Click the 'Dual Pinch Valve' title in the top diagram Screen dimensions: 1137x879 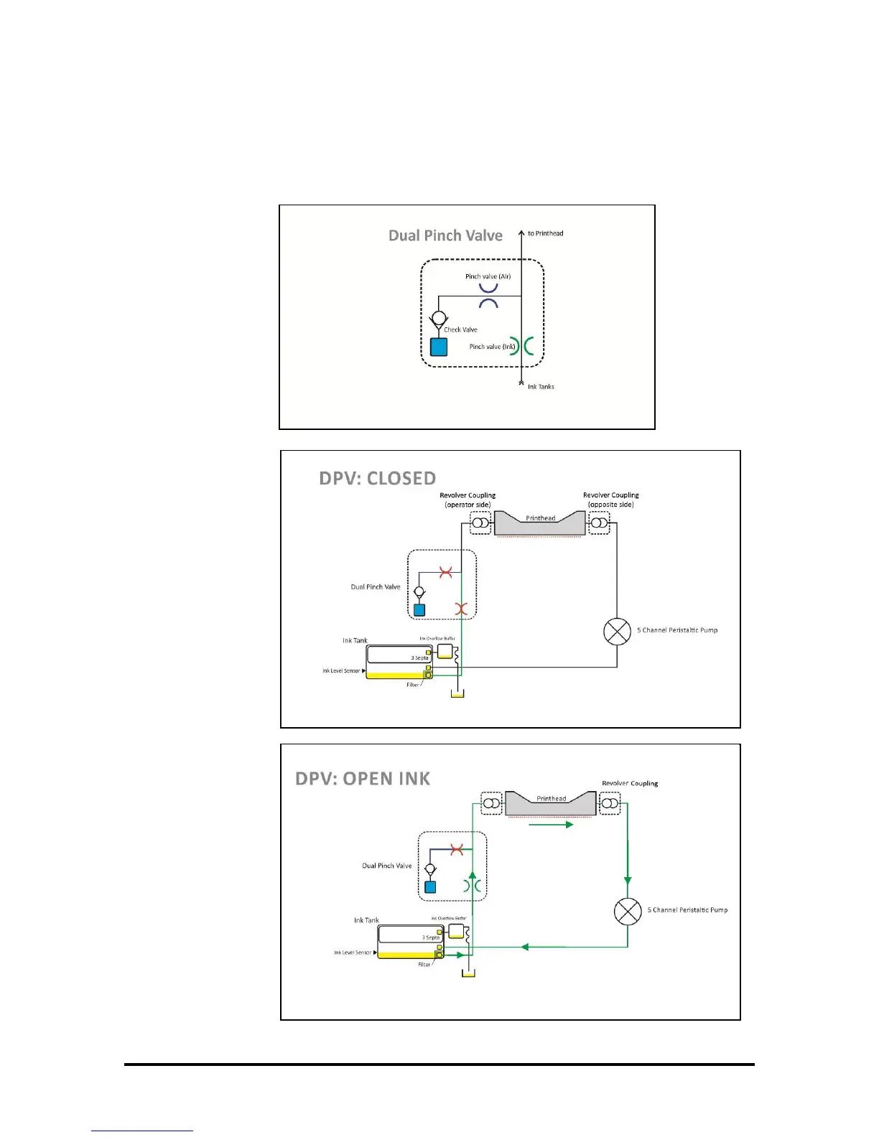pyautogui.click(x=445, y=235)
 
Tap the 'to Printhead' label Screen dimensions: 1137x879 pyautogui.click(x=545, y=233)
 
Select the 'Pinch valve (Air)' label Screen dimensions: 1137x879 pyautogui.click(x=488, y=276)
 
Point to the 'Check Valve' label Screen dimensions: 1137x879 pyautogui.click(x=460, y=329)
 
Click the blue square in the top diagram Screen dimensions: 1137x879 pyautogui.click(x=438, y=347)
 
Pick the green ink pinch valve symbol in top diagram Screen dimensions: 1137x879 pyautogui.click(x=522, y=347)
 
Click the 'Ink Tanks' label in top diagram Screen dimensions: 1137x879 pyautogui.click(x=541, y=387)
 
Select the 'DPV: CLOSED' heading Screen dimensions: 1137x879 pyautogui.click(x=378, y=479)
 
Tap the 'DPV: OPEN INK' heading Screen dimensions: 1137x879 pyautogui.click(x=363, y=779)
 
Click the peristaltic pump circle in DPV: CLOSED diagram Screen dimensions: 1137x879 pyautogui.click(x=617, y=632)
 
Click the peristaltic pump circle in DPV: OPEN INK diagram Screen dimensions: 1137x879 pyautogui.click(x=628, y=912)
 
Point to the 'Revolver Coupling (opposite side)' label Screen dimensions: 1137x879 pyautogui.click(x=610, y=500)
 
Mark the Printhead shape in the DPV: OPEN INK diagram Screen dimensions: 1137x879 pyautogui.click(x=551, y=803)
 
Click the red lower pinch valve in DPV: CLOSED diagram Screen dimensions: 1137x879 pyautogui.click(x=461, y=609)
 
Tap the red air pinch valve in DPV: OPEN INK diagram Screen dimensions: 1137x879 pyautogui.click(x=456, y=850)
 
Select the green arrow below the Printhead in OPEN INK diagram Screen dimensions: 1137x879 pyautogui.click(x=551, y=825)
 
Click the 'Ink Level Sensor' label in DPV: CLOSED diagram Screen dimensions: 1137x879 pyautogui.click(x=342, y=671)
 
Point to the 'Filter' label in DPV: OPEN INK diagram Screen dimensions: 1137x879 pyautogui.click(x=424, y=965)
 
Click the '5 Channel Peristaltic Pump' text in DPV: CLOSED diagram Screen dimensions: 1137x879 pyautogui.click(x=677, y=630)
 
